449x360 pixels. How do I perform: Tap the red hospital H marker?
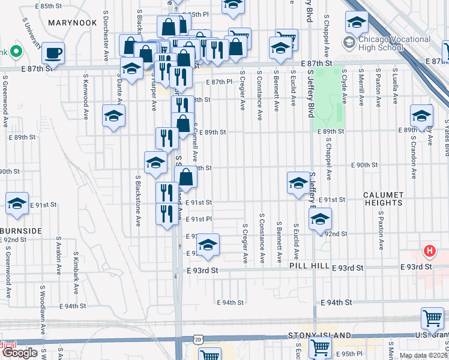click(429, 251)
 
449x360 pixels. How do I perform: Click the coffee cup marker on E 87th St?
click(53, 52)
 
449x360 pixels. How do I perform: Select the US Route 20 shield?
click(199, 340)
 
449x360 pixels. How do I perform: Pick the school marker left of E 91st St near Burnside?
click(17, 203)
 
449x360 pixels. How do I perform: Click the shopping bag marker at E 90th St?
click(186, 178)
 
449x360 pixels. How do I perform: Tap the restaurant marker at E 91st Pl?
click(166, 213)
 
